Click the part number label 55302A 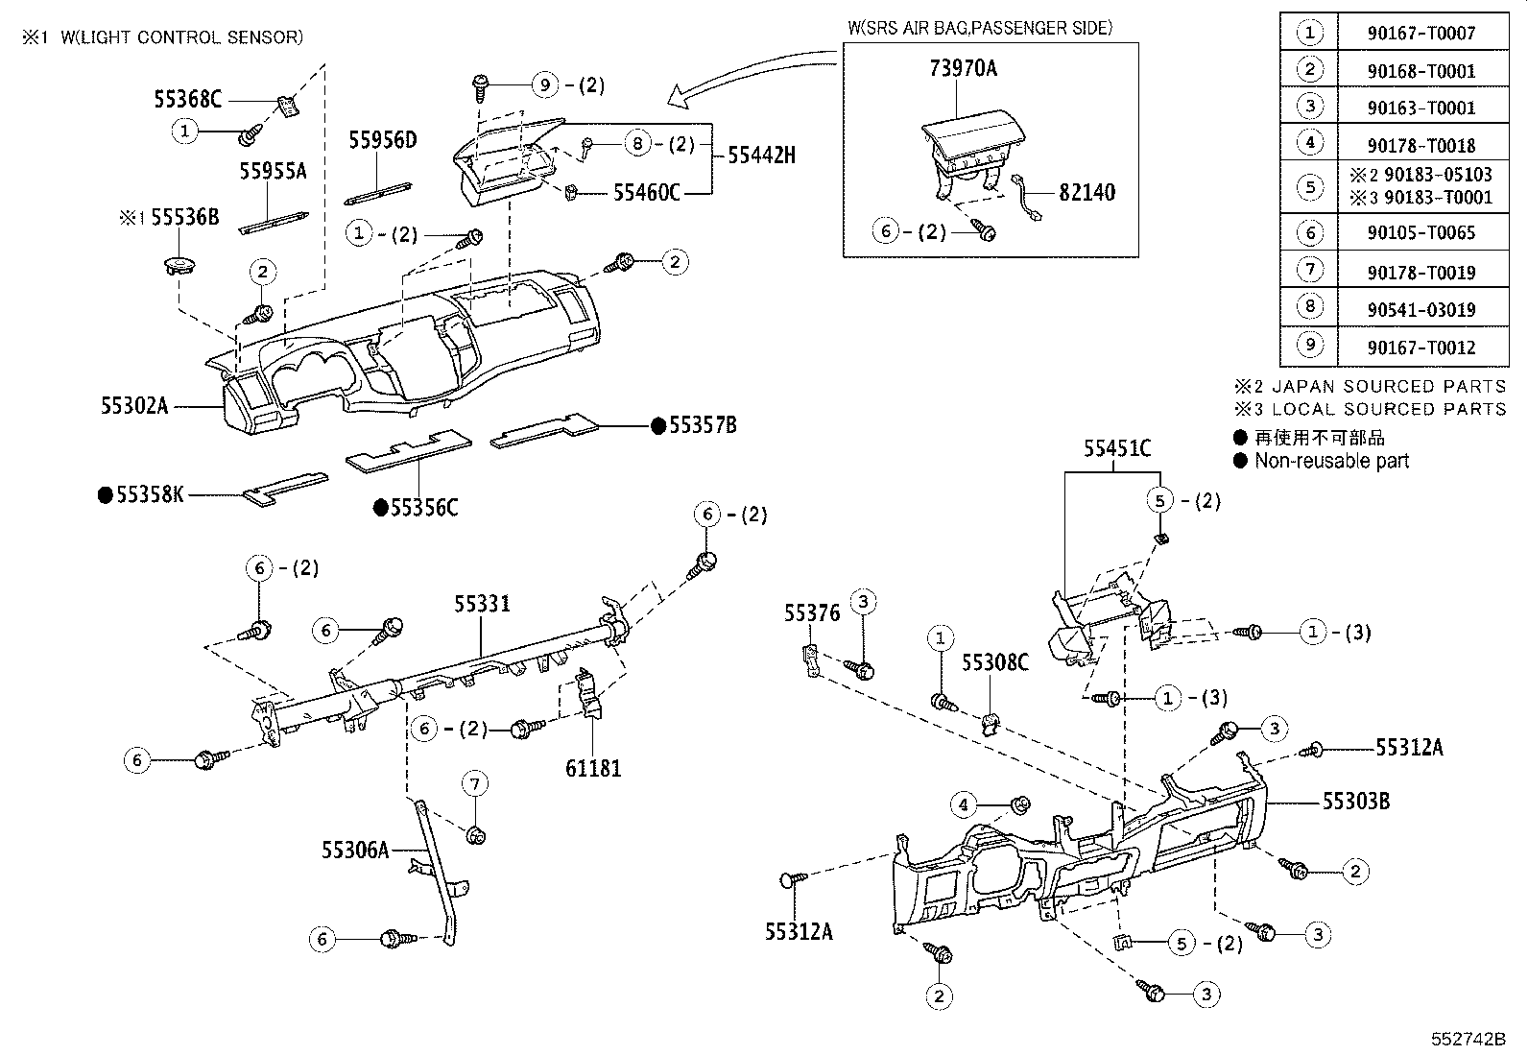[134, 406]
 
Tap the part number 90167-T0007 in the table [1421, 34]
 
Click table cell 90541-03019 [1421, 310]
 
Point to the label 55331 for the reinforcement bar [482, 604]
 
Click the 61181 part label [592, 768]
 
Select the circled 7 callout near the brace [474, 784]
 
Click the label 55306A [355, 850]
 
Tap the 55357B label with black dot [702, 425]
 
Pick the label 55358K [149, 495]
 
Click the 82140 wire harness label [1086, 192]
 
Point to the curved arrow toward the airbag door [749, 77]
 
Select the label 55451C [1117, 448]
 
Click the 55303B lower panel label [1355, 801]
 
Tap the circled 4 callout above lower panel [964, 803]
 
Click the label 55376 [812, 612]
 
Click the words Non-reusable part [1331, 461]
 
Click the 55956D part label [383, 140]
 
